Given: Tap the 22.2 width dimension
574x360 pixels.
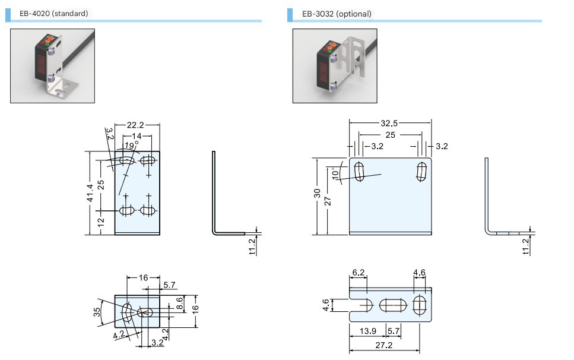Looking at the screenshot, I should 136,125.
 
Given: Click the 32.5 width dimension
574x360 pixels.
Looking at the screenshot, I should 389,124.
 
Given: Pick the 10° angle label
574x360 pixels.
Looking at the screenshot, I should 336,173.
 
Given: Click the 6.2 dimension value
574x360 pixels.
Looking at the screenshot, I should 358,273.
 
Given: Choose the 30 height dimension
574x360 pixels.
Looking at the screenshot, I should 318,194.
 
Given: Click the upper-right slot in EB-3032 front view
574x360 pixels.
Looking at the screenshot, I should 423,171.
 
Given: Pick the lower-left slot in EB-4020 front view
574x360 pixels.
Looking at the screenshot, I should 126,210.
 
